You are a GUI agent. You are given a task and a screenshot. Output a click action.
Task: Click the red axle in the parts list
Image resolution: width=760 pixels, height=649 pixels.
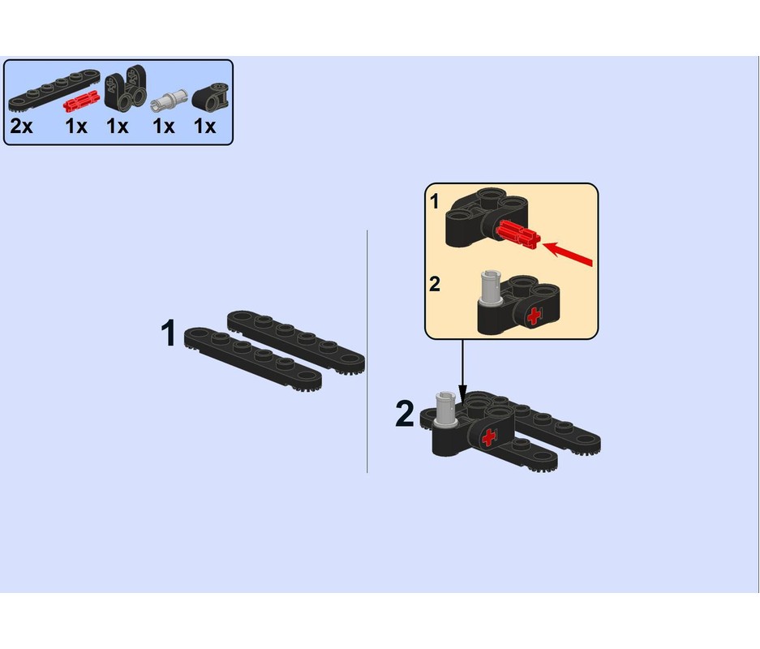point(80,101)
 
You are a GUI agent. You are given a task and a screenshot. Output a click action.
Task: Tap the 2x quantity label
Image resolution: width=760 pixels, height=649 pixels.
point(22,127)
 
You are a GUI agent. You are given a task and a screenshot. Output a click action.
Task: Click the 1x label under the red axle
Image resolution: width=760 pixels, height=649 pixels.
point(76,127)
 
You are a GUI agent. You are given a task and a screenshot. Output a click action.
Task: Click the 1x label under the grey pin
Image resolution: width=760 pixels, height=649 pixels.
point(164,127)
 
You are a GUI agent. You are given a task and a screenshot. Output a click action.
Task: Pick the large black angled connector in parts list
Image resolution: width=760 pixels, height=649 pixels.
point(124,90)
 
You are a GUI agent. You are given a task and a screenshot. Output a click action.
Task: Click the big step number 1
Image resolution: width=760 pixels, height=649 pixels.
point(169,333)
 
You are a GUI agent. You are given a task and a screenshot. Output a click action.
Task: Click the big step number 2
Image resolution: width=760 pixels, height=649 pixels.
point(405,415)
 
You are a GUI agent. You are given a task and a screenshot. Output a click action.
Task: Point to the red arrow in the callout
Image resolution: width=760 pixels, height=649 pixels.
point(568,253)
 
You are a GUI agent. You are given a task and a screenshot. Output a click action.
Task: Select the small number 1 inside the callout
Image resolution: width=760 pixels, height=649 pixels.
point(435,202)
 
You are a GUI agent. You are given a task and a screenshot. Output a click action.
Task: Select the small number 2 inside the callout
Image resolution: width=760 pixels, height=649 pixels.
point(435,285)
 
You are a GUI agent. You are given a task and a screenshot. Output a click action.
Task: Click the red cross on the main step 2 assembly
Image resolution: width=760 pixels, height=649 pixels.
point(488,438)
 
